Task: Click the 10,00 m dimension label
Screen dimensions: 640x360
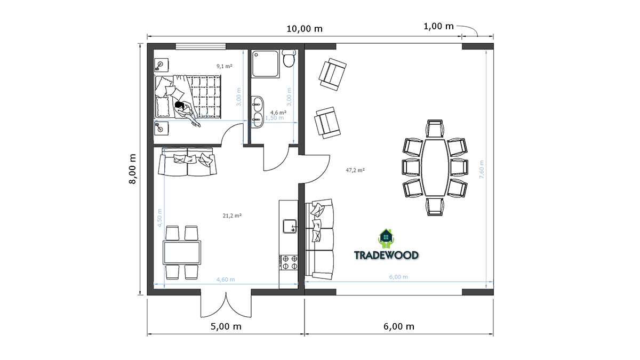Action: [305, 29]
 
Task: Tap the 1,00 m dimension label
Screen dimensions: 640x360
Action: [438, 27]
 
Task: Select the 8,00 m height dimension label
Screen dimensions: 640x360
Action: [133, 169]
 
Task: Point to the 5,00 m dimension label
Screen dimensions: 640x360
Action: [226, 326]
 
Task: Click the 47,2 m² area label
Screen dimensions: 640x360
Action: [355, 170]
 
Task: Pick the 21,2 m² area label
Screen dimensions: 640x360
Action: [233, 215]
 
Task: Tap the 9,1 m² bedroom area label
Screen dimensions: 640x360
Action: [225, 66]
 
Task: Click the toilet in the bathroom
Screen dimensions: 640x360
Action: [289, 58]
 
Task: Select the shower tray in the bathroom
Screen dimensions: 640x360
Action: [266, 63]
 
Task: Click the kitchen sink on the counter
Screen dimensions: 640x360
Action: [290, 226]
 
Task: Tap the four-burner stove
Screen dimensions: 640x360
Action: [289, 262]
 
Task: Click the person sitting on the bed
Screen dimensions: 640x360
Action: [186, 113]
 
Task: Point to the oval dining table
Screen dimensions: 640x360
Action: [435, 167]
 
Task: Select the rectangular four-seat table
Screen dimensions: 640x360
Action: [182, 253]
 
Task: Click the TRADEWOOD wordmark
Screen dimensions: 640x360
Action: [386, 255]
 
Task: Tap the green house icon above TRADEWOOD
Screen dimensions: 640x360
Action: [386, 238]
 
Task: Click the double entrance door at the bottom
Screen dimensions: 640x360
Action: [226, 305]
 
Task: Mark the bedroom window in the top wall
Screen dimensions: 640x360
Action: [201, 46]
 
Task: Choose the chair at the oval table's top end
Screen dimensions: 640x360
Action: [435, 129]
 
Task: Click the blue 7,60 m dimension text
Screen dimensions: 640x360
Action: [482, 170]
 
